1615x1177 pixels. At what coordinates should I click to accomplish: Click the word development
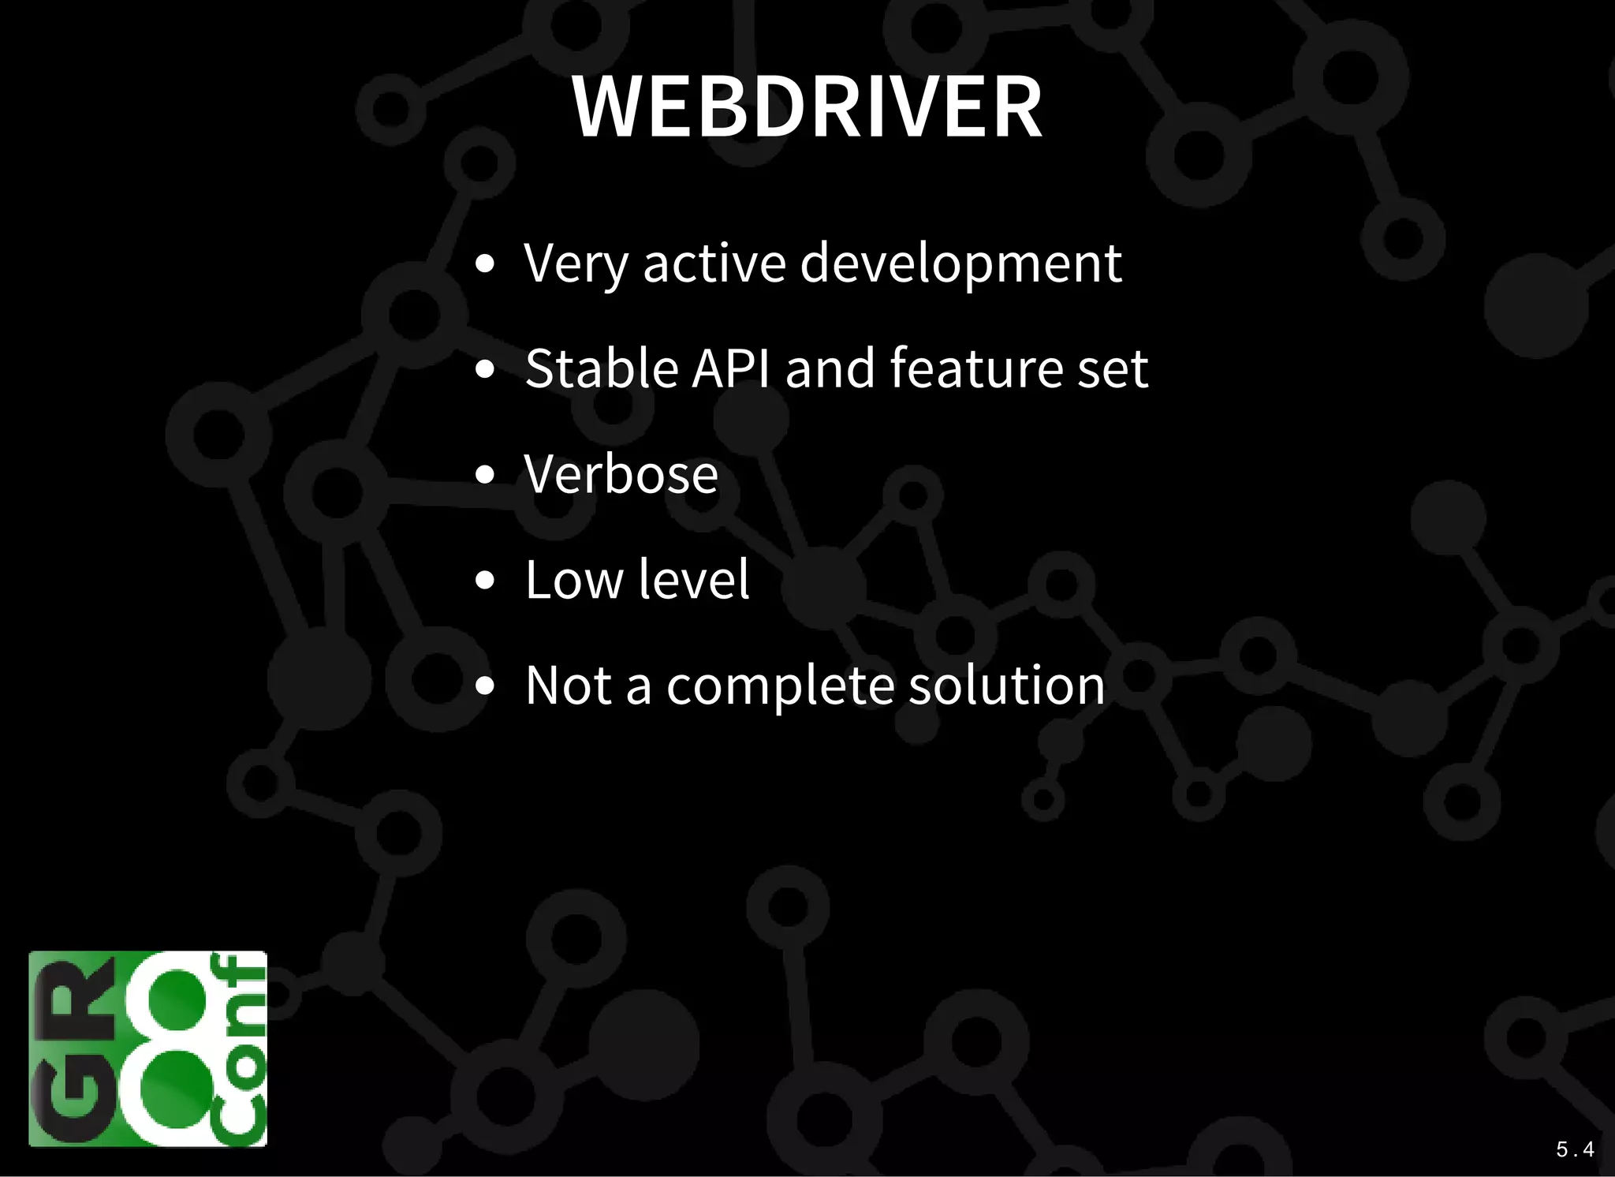click(960, 264)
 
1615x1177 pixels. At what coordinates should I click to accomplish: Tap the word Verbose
click(621, 474)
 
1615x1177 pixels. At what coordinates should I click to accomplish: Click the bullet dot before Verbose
click(485, 475)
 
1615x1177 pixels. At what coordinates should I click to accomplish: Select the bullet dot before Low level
click(485, 581)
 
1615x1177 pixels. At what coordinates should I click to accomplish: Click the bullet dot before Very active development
click(485, 263)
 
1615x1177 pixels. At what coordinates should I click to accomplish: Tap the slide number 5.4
click(1575, 1149)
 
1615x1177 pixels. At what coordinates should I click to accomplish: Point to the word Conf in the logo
click(239, 1049)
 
